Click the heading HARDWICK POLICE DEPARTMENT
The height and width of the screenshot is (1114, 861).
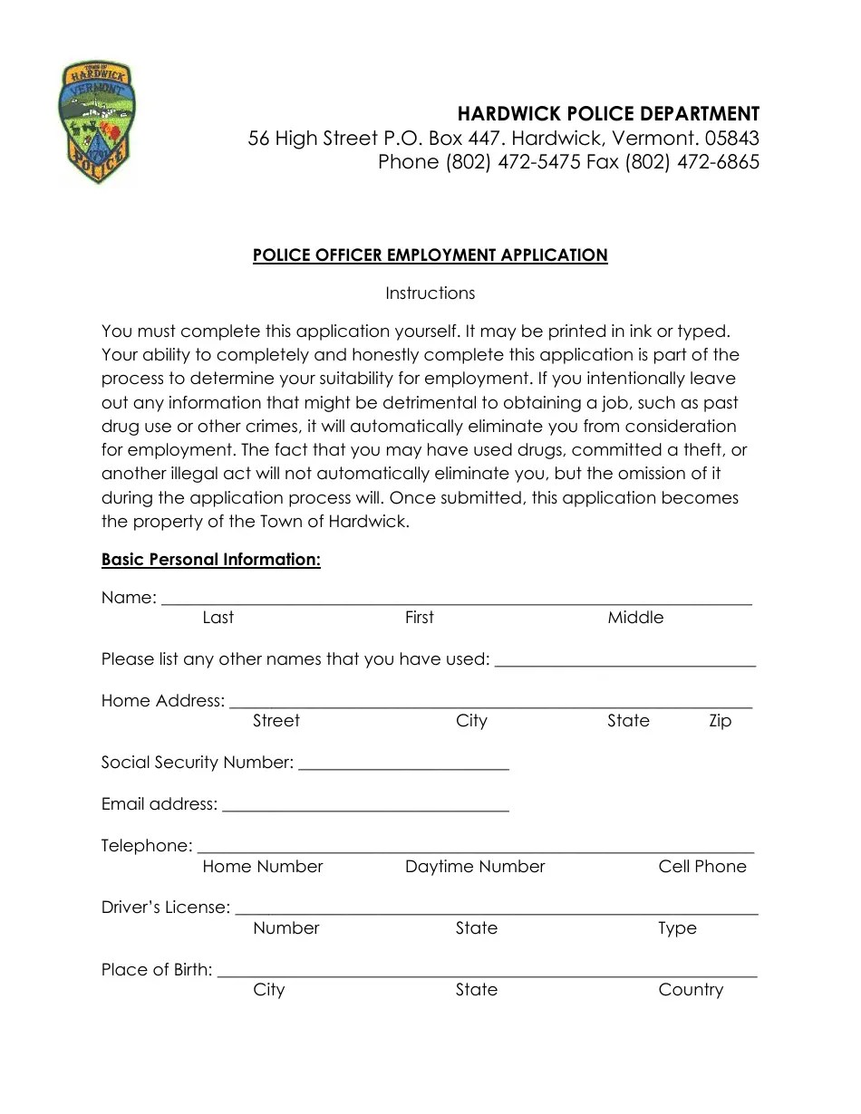[608, 114]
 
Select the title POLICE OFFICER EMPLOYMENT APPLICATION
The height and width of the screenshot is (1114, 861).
[430, 255]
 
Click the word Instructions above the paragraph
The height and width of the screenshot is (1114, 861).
[430, 293]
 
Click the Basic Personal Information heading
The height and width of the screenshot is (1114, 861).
[211, 560]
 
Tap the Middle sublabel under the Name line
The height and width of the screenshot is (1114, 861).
[635, 618]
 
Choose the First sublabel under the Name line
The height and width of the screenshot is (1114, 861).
[419, 618]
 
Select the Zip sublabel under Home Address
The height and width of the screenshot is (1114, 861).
[720, 721]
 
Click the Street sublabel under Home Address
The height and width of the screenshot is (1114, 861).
[276, 721]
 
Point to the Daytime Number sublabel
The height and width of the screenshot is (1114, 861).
[475, 867]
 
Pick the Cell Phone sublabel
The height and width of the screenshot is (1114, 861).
[702, 867]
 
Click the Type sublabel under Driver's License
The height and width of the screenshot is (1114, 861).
[677, 928]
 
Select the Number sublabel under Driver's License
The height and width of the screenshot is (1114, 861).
[286, 928]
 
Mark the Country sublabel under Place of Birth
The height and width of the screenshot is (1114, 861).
[691, 990]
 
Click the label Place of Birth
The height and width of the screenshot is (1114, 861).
[157, 970]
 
